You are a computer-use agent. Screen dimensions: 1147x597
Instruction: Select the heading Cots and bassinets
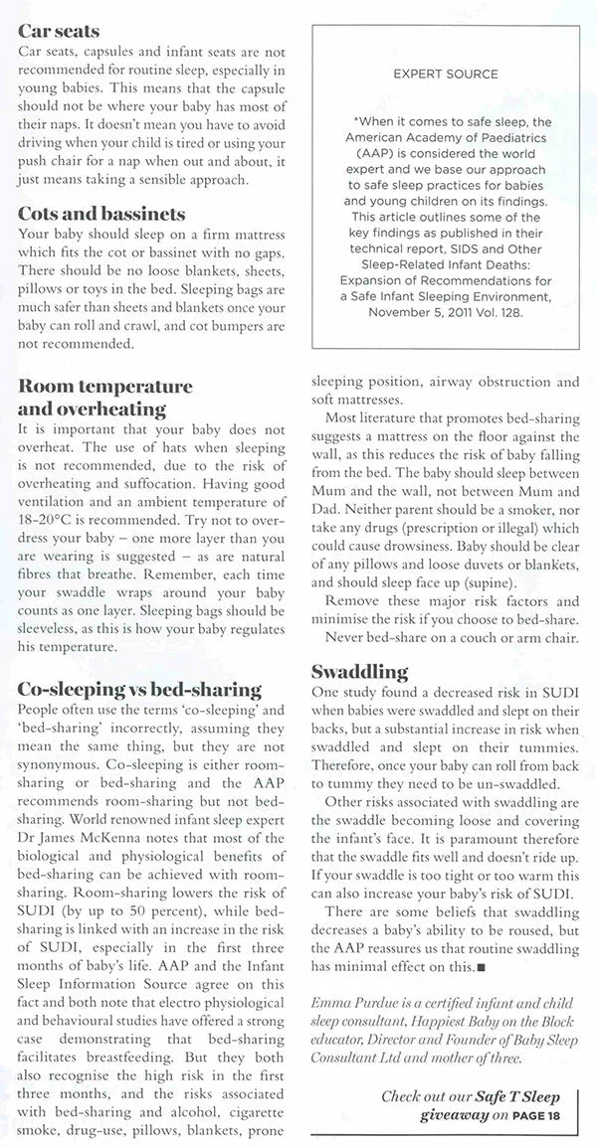click(x=101, y=214)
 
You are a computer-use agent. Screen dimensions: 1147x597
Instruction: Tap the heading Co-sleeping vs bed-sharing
click(x=140, y=689)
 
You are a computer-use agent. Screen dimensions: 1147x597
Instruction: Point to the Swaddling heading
click(x=359, y=671)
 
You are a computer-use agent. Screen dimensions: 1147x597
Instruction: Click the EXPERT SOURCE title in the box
click(x=445, y=74)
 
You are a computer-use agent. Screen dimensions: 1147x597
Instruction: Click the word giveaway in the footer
click(x=453, y=1115)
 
